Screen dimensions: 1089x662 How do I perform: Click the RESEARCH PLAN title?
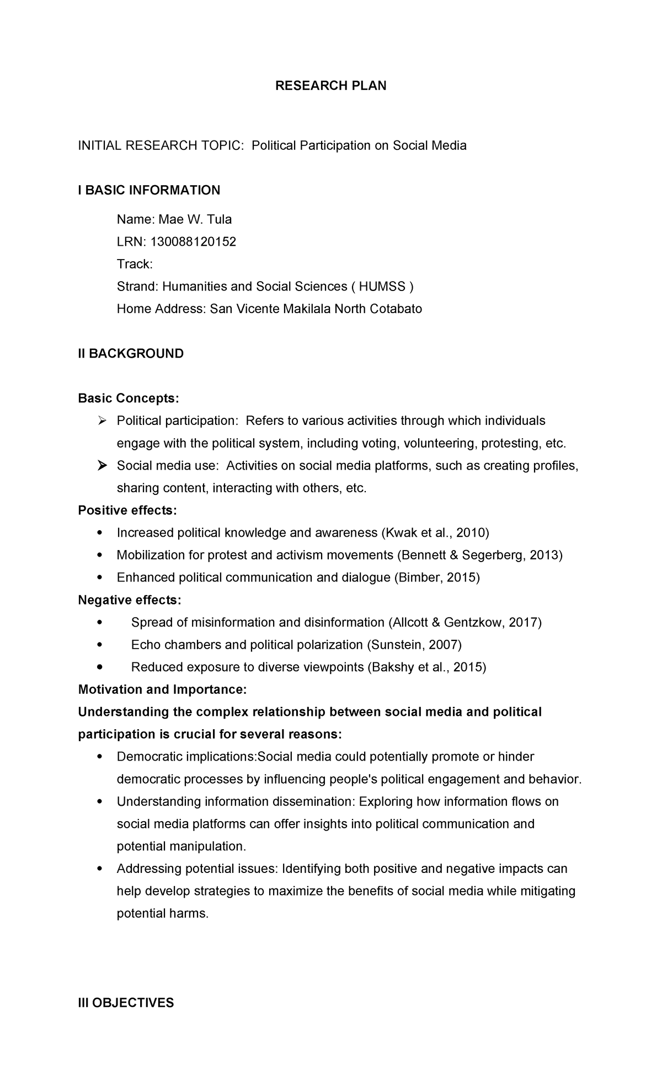[x=331, y=86]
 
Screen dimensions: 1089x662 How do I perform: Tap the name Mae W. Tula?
[x=195, y=219]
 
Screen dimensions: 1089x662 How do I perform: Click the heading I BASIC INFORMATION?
[x=149, y=191]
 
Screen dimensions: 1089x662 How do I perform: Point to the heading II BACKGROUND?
[x=131, y=354]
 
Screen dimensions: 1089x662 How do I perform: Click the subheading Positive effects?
[x=127, y=510]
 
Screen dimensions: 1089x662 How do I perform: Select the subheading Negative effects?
[x=130, y=600]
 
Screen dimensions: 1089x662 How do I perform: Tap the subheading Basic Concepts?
[x=129, y=398]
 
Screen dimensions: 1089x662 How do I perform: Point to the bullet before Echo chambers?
[x=99, y=645]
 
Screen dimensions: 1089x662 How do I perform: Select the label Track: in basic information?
[x=135, y=264]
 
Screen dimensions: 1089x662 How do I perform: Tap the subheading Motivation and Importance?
[x=162, y=690]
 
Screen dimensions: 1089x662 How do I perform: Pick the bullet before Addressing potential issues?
[x=99, y=869]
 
